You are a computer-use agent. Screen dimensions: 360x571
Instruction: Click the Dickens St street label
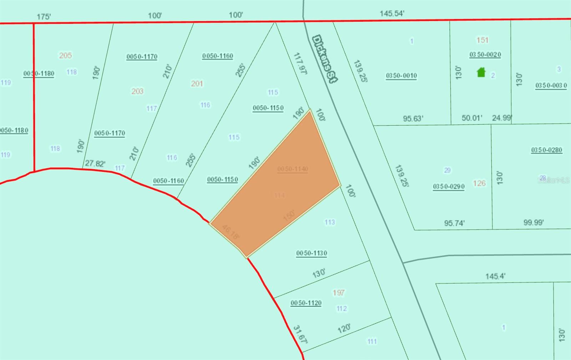pos(324,59)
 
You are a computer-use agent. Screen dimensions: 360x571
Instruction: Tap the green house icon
pos(481,72)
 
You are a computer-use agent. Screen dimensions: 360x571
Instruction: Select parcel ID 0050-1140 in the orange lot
pos(293,169)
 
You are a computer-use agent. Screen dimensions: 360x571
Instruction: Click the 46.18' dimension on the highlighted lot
pos(231,232)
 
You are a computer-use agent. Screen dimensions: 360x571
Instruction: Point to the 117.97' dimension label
pos(300,64)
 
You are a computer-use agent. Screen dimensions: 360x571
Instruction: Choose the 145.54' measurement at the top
pos(392,14)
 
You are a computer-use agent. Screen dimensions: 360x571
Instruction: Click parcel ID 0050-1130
pos(312,253)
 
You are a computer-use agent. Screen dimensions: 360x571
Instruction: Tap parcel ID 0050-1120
pos(306,303)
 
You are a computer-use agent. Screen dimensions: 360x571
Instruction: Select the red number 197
pos(338,293)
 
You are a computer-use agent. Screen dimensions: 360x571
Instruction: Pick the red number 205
pos(65,55)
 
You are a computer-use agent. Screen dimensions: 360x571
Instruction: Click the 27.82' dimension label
pos(95,164)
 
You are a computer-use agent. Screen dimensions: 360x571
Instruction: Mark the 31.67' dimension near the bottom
pos(300,334)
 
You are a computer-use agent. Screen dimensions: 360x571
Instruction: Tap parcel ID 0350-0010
pos(401,76)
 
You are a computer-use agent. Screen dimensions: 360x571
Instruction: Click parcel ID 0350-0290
pos(449,186)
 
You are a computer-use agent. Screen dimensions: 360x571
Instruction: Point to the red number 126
pos(479,183)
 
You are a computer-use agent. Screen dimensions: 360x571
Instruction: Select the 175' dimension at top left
pos(44,17)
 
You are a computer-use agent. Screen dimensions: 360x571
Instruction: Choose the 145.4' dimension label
pos(495,276)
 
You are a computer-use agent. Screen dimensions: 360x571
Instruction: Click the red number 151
pos(482,40)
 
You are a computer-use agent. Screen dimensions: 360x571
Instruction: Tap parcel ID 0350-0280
pos(546,150)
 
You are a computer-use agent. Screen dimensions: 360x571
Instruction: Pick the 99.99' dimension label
pos(534,222)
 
